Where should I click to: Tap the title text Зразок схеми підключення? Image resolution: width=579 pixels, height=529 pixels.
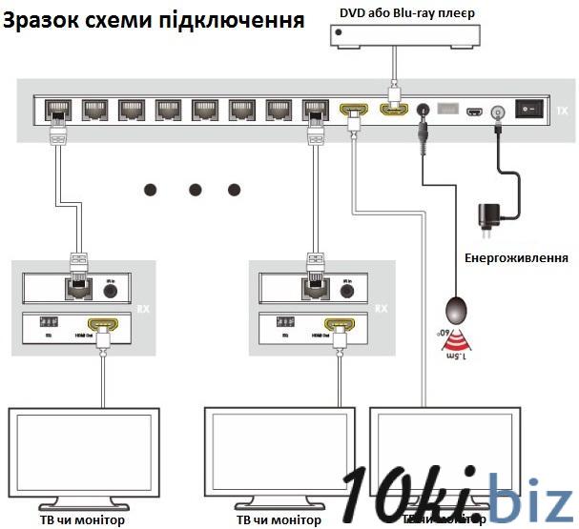[x=154, y=18]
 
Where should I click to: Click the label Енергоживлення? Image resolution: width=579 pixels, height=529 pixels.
[x=516, y=258]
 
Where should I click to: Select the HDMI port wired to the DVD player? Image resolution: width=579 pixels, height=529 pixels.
[x=391, y=111]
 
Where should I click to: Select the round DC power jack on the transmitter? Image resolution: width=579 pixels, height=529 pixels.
[x=496, y=112]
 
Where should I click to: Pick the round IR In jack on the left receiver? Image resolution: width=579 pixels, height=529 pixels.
[x=111, y=286]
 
